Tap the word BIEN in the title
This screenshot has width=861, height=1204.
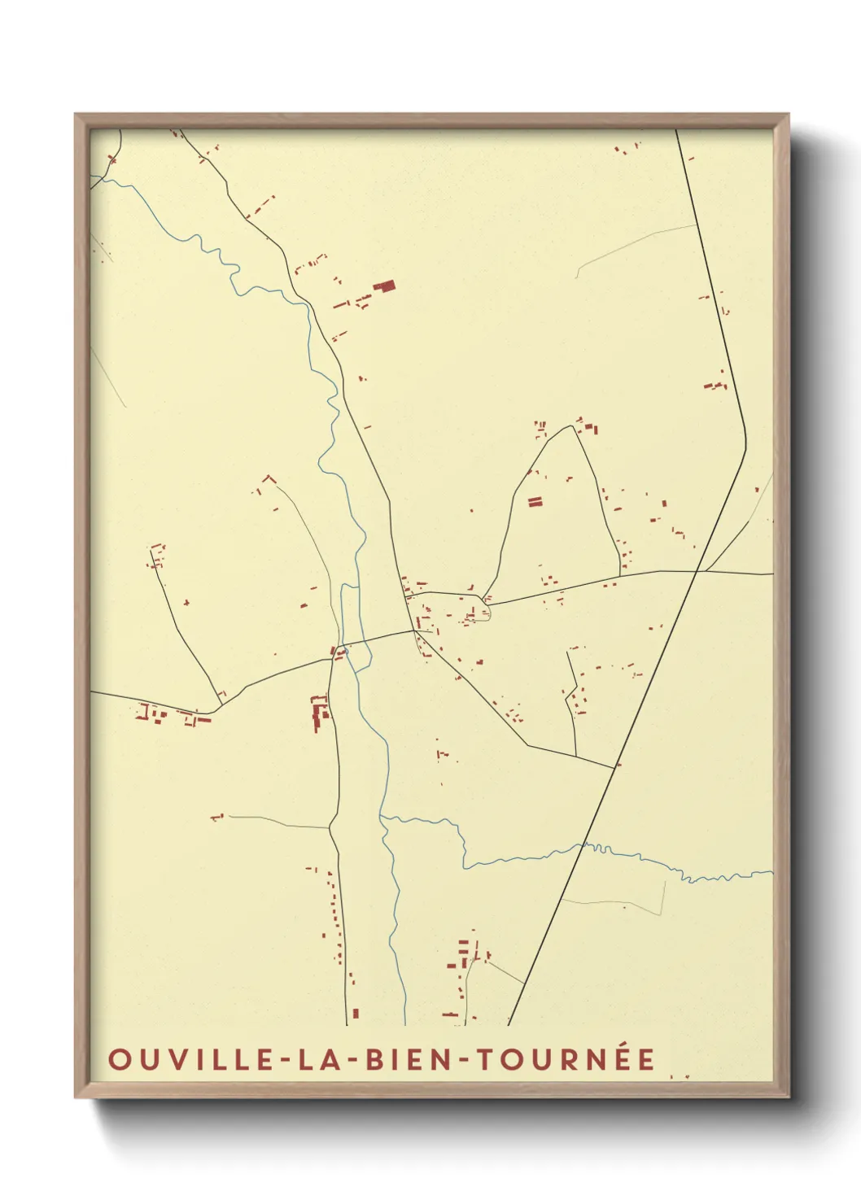coord(402,1059)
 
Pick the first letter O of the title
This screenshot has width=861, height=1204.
coord(119,1059)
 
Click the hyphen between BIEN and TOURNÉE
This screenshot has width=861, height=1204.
coord(461,1060)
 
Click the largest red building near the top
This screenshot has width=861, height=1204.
coord(384,286)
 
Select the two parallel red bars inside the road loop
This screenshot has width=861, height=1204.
coord(535,502)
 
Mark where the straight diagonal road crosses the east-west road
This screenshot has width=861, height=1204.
coord(697,571)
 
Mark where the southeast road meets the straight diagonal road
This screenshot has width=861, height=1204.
coord(615,766)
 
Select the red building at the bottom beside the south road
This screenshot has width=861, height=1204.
coord(356,1014)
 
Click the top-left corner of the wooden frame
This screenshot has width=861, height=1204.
coord(76,115)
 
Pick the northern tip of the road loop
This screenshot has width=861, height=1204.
coord(575,425)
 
